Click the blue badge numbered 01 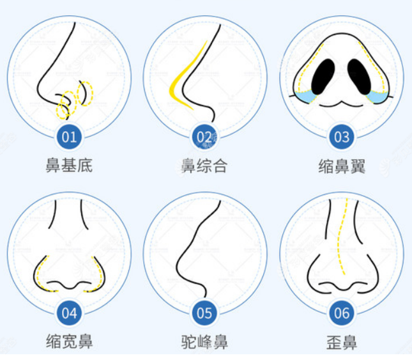tap(69, 136)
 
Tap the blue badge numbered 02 tap(204, 136)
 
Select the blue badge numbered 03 tap(342, 136)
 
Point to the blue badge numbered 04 tap(69, 313)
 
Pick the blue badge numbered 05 tap(204, 313)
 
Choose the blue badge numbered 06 tap(342, 313)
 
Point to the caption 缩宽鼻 tap(69, 341)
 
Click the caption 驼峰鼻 tap(204, 341)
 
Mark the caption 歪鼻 tap(342, 341)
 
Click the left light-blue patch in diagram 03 tap(305, 96)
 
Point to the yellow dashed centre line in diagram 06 tap(343, 243)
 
